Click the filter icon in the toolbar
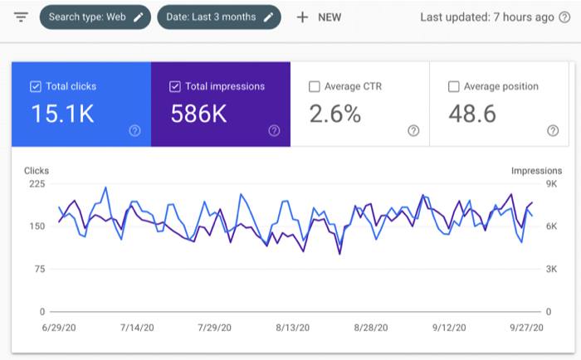click(x=22, y=17)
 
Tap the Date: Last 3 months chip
click(x=218, y=17)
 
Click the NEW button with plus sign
click(x=319, y=17)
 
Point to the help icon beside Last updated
click(x=564, y=17)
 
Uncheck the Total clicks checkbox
click(x=36, y=86)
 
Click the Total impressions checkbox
click(x=175, y=86)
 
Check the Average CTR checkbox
click(x=315, y=86)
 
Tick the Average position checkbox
click(x=454, y=86)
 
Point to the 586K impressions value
click(x=199, y=114)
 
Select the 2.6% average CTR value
click(x=335, y=114)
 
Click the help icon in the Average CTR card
click(x=413, y=130)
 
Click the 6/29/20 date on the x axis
click(x=59, y=328)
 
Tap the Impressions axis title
click(x=536, y=171)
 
